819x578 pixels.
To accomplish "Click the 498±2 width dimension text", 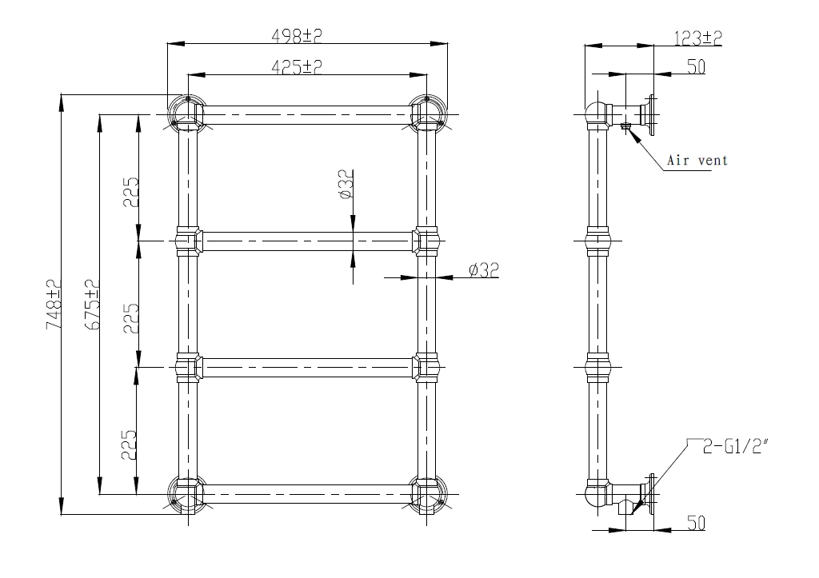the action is click(297, 35).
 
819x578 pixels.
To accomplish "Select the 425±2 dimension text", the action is click(297, 66).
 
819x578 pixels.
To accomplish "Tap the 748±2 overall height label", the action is click(54, 305).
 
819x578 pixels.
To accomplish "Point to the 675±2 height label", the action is click(92, 305).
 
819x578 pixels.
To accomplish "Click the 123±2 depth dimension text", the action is click(697, 38).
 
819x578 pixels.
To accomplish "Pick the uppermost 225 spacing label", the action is click(130, 192).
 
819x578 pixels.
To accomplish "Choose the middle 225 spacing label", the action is click(130, 318).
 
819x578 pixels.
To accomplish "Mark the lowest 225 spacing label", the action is click(129, 444).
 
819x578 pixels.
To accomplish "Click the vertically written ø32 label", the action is click(346, 185).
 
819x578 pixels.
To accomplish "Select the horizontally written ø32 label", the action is click(484, 270).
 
